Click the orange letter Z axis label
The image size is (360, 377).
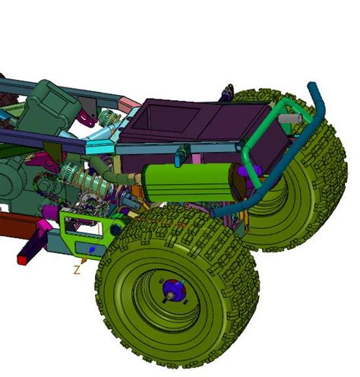click(x=77, y=270)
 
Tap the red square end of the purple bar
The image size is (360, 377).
click(x=22, y=260)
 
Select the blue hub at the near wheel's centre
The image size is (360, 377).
click(x=173, y=289)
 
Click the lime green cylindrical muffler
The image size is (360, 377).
click(x=188, y=182)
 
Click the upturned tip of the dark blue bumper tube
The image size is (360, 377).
click(x=312, y=85)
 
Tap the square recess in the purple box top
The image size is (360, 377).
click(x=173, y=119)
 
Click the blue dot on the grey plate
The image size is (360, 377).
click(x=91, y=249)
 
